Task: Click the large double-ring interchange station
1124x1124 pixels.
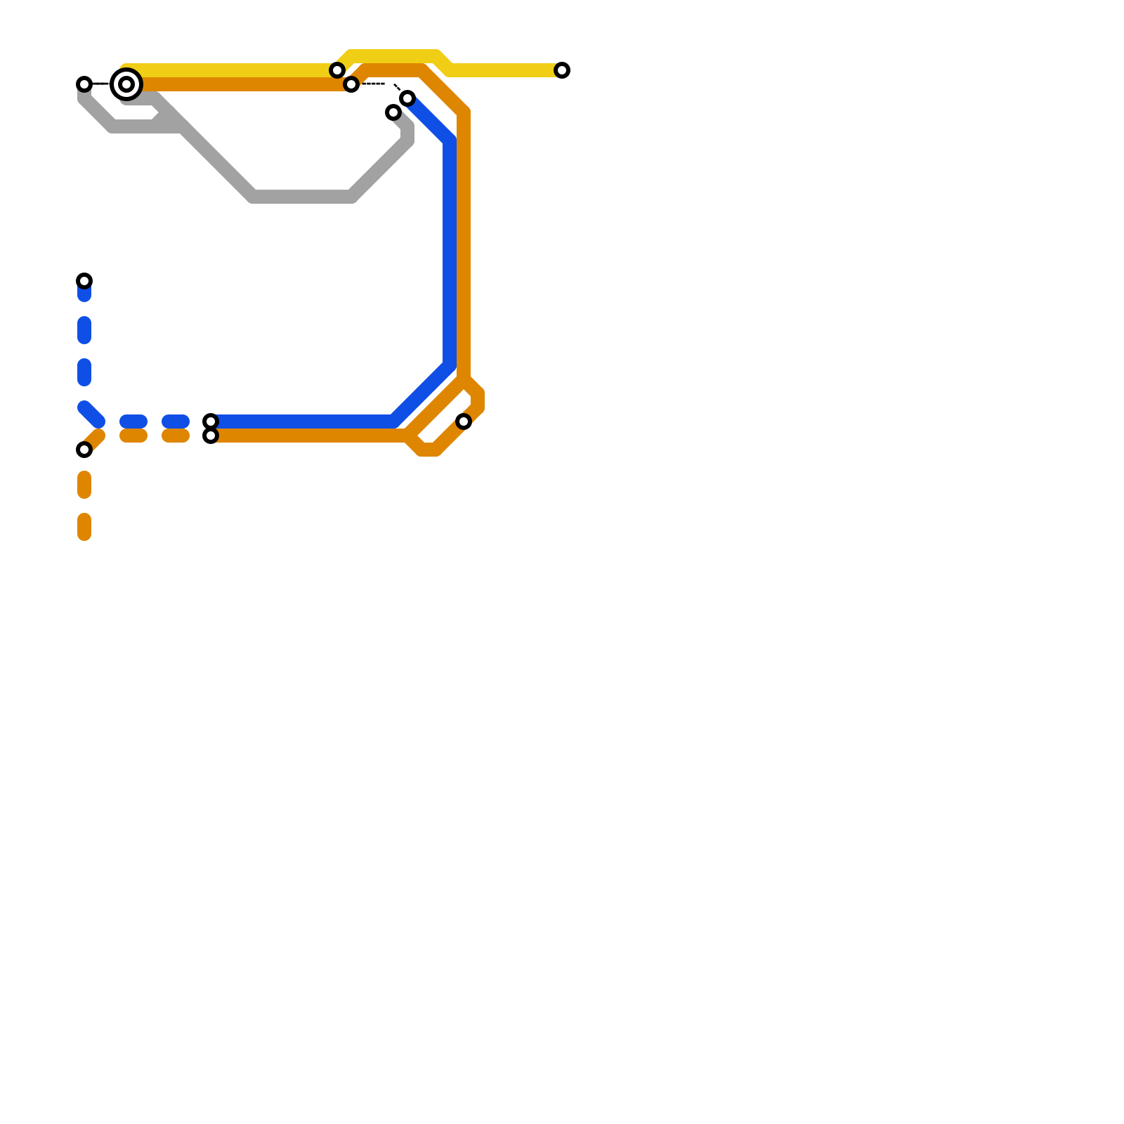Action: pyautogui.click(x=126, y=84)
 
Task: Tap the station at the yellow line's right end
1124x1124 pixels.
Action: pyautogui.click(x=562, y=70)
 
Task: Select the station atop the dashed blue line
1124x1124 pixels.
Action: pyautogui.click(x=84, y=281)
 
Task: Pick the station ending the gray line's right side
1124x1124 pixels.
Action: pyautogui.click(x=393, y=112)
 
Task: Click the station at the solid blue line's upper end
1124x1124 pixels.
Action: pyautogui.click(x=407, y=98)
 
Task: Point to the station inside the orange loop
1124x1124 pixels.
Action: pyautogui.click(x=464, y=421)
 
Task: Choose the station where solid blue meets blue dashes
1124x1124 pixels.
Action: pyautogui.click(x=211, y=421)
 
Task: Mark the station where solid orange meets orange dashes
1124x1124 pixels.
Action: pyautogui.click(x=211, y=436)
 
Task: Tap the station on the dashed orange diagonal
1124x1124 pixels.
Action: pyautogui.click(x=84, y=450)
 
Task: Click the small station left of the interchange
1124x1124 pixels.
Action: pyautogui.click(x=84, y=84)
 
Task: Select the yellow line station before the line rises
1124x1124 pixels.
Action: pyautogui.click(x=337, y=70)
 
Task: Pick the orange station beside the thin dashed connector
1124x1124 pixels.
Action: pyautogui.click(x=351, y=84)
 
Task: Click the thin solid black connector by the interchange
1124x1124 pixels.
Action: pyautogui.click(x=102, y=84)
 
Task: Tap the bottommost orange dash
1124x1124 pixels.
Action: pyautogui.click(x=84, y=527)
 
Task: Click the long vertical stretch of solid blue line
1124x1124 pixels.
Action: pyautogui.click(x=450, y=253)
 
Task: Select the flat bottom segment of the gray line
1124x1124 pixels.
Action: pyautogui.click(x=302, y=197)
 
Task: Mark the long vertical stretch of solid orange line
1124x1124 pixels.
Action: pyautogui.click(x=464, y=246)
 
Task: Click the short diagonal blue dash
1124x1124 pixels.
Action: pyautogui.click(x=91, y=414)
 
